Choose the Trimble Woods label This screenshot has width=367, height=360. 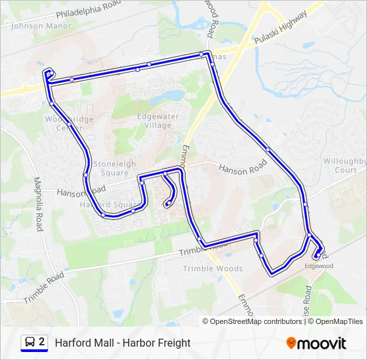tap(213, 269)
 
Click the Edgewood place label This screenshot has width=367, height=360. tap(318, 266)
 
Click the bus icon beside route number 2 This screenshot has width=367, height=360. tap(29, 343)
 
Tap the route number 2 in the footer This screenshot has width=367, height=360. tap(42, 342)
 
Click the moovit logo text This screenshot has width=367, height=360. tap(322, 343)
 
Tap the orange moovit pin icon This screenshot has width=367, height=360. tap(291, 343)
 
